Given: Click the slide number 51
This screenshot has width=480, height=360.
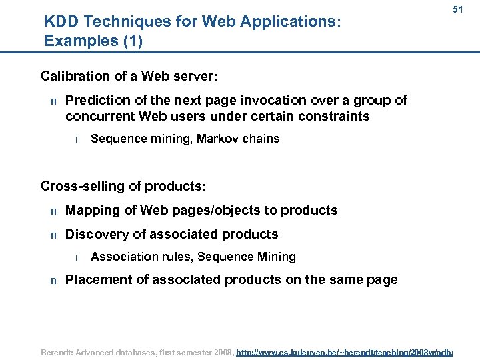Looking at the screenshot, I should [457, 10].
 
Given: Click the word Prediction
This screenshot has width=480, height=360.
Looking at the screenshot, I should [97, 101].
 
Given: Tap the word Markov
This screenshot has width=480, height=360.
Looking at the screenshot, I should [217, 139].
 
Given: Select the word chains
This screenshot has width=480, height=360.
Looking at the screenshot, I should [261, 139].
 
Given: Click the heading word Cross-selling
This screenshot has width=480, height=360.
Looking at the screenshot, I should [82, 185].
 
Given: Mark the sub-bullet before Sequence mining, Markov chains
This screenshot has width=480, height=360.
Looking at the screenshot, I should [77, 139].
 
